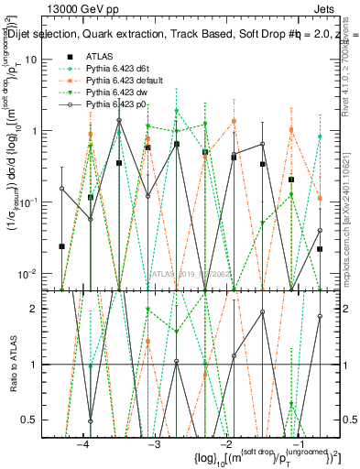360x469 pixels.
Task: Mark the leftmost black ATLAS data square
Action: coord(61,246)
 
